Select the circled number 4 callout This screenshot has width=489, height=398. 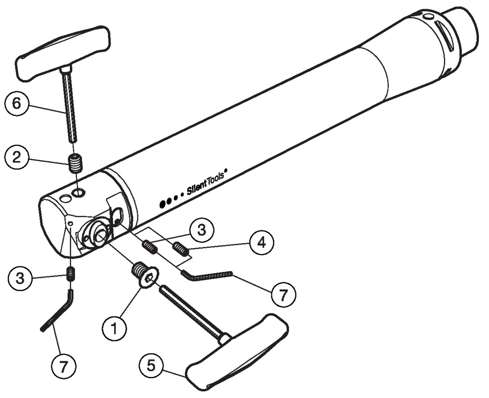click(x=262, y=243)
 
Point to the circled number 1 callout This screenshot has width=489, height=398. click(x=114, y=328)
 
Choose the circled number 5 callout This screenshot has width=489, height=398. click(x=151, y=366)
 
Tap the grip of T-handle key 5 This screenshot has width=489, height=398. click(x=236, y=354)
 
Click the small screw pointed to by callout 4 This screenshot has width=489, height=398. click(x=181, y=249)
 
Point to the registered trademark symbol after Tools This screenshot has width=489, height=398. click(x=226, y=171)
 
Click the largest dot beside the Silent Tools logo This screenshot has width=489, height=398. click(x=163, y=204)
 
